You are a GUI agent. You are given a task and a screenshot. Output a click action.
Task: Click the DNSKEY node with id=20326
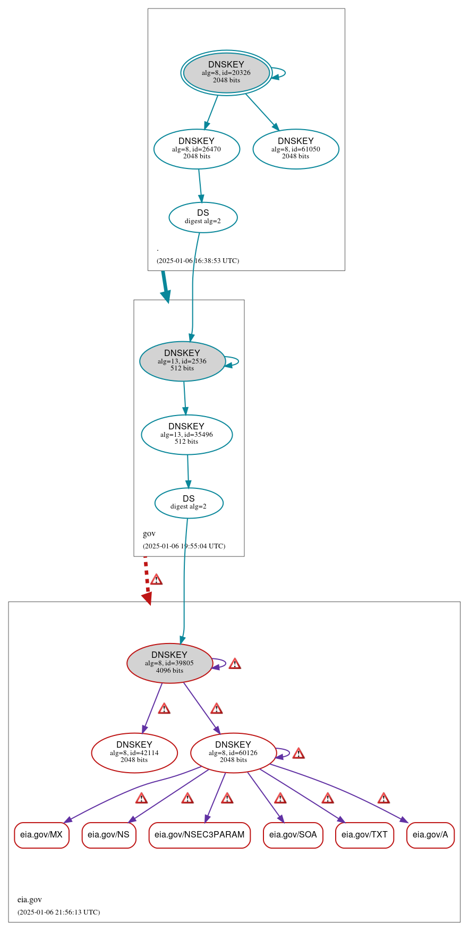227,73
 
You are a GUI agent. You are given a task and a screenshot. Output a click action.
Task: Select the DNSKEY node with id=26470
197,149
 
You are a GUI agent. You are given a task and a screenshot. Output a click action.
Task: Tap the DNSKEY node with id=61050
296,149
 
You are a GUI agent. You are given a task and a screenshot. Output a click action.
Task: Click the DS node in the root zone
203,217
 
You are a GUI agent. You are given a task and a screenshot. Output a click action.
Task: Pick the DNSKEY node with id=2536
182,361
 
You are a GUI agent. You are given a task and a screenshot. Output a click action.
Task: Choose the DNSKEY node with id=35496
186,435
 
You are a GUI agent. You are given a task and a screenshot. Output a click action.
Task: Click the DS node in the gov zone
189,503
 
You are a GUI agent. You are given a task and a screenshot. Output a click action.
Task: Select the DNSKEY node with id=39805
169,663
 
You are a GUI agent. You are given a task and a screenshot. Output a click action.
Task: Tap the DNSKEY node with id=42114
134,752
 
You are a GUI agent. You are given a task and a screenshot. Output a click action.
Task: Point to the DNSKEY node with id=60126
233,752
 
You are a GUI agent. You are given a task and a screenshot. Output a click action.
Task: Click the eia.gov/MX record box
41,835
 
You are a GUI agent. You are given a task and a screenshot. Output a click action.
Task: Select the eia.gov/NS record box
108,835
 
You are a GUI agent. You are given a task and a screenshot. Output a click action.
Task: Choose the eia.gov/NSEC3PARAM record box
199,835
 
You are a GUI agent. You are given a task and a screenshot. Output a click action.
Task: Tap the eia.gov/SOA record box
293,835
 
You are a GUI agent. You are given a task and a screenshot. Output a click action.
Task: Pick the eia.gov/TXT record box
364,835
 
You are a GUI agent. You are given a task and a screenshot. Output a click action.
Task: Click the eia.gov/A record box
430,835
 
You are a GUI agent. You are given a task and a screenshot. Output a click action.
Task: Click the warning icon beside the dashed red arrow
156,579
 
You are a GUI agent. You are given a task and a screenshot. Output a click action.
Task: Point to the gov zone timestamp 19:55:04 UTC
184,546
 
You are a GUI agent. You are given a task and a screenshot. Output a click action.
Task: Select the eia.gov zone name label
30,900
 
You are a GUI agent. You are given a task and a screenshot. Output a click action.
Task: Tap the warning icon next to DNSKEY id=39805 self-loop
235,664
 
